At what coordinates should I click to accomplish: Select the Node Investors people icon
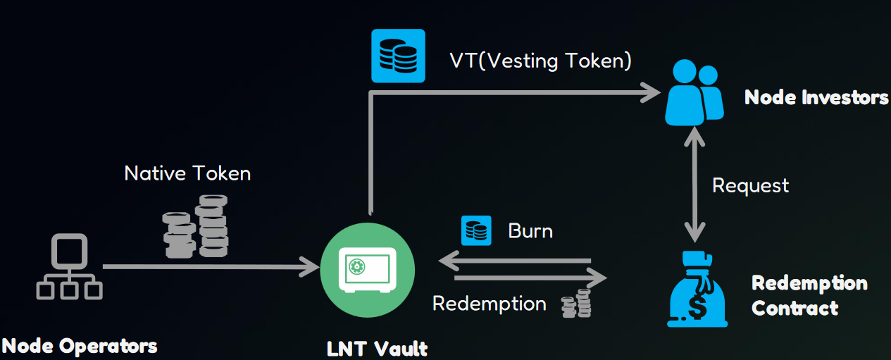coord(694,92)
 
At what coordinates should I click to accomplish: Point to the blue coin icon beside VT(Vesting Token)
coord(398,56)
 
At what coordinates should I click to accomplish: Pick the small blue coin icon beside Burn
coord(476,230)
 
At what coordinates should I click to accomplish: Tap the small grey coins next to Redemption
coord(575,303)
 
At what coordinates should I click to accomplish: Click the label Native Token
coord(187,173)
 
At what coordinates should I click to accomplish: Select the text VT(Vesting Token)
coord(540,61)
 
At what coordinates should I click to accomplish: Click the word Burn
coord(530,231)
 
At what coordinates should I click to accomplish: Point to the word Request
coord(750,185)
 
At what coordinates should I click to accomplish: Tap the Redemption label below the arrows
coord(489,304)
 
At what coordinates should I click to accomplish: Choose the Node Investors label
coord(816,97)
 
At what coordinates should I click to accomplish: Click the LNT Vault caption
coord(377,348)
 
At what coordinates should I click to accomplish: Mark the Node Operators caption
coord(79,346)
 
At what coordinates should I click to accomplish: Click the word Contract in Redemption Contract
coord(795,308)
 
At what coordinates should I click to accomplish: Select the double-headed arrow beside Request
coord(696,187)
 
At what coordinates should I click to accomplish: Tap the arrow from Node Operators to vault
coord(211,267)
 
